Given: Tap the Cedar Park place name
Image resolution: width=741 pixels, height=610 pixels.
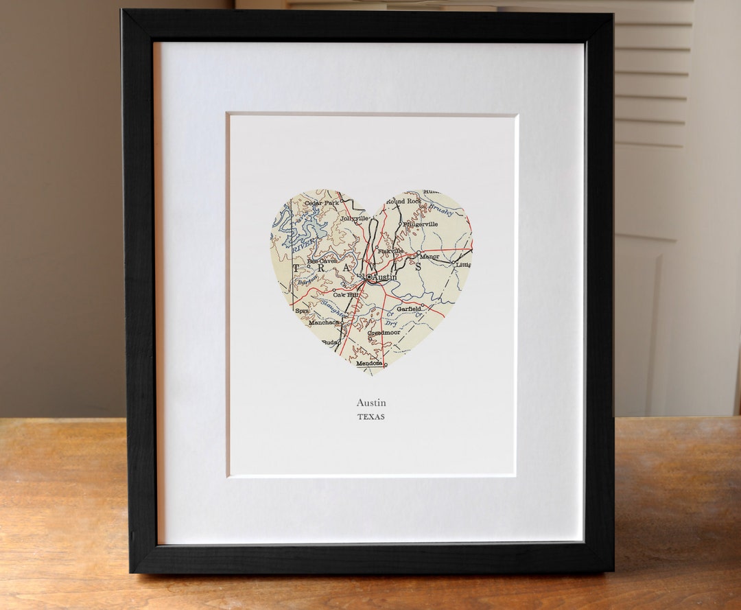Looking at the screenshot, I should (x=322, y=203).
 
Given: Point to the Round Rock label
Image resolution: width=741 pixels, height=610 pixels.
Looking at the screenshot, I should (x=403, y=201).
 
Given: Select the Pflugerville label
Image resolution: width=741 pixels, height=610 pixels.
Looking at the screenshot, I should (x=421, y=224).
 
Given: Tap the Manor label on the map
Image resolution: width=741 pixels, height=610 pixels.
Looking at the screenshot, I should (x=430, y=257).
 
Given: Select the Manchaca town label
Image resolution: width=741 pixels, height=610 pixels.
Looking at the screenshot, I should (x=324, y=322).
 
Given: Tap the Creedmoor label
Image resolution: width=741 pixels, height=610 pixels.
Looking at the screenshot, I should (x=384, y=333).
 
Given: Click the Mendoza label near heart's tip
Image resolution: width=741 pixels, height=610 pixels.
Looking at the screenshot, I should (x=369, y=363).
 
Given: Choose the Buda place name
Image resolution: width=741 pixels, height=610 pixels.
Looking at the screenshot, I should (x=330, y=342).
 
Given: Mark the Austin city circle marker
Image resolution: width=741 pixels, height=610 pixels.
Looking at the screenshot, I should (x=368, y=277).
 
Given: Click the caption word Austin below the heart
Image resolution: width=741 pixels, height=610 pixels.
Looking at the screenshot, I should (x=371, y=403).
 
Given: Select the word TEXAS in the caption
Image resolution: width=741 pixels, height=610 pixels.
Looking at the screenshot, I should (x=371, y=417).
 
